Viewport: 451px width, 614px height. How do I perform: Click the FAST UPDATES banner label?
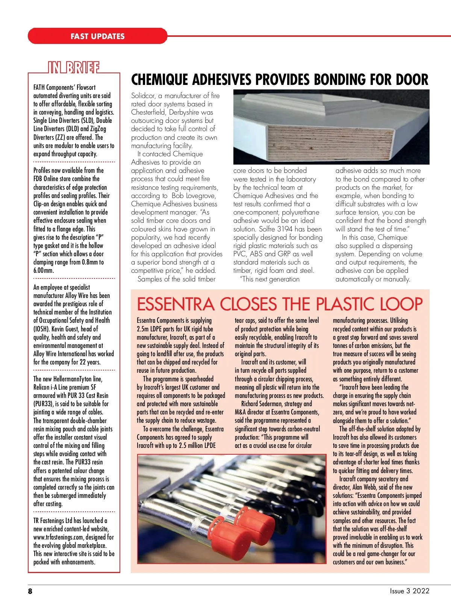click(x=97, y=36)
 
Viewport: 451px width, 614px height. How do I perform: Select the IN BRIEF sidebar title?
click(x=74, y=68)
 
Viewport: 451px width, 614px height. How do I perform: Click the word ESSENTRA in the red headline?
click(x=175, y=304)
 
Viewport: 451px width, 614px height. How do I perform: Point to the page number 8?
click(x=30, y=591)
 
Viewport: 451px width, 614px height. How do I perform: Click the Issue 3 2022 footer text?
click(x=409, y=591)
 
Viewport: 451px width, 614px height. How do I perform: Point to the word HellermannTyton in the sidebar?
click(x=73, y=379)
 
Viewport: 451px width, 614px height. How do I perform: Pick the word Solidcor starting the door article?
click(x=142, y=95)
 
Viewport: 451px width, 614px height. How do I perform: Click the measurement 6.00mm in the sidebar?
click(x=44, y=270)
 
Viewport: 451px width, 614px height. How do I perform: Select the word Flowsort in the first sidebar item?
click(x=86, y=87)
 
